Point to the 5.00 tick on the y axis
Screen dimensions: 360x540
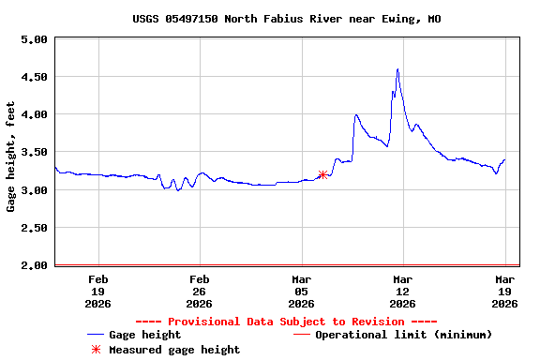click(34, 39)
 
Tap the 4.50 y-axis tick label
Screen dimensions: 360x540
click(34, 77)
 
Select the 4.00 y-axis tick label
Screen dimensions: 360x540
click(34, 114)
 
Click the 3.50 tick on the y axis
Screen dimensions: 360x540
click(34, 152)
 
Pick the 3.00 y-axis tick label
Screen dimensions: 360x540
click(34, 190)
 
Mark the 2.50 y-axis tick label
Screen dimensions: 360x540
click(34, 228)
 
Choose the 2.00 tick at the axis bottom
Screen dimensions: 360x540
click(34, 265)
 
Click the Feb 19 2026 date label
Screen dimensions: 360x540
click(97, 291)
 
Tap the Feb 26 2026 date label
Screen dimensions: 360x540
click(199, 291)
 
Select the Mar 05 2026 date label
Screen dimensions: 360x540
click(301, 291)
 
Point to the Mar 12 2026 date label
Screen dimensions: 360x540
click(402, 291)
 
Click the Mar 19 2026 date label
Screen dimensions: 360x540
click(504, 291)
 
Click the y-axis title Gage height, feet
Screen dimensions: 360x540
click(11, 156)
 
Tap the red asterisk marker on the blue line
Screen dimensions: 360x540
click(322, 174)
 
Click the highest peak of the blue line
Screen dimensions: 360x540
click(397, 69)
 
